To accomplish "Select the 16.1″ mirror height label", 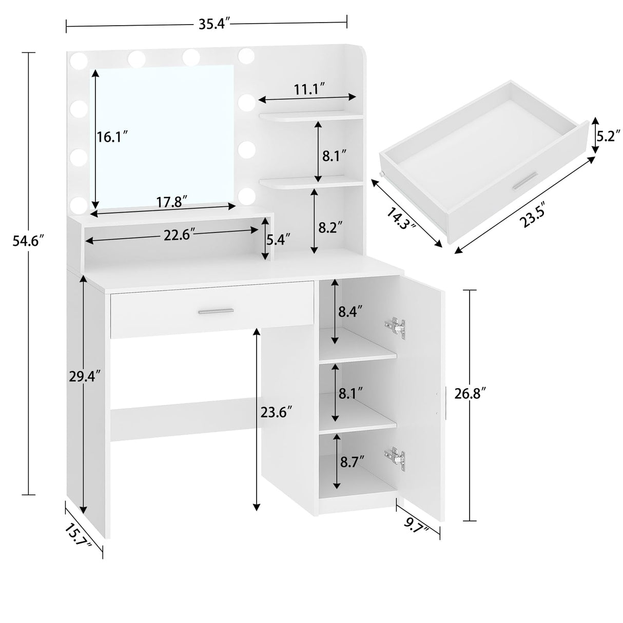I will coord(112,138).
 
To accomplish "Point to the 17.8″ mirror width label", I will coord(169,202).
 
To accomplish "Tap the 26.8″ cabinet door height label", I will coord(470,394).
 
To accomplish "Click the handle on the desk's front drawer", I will coord(216,310).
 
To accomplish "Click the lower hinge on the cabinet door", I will coord(395,458).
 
